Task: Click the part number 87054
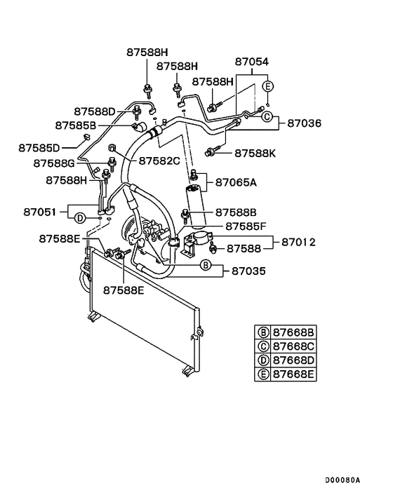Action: pos(252,62)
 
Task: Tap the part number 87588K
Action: pos(256,152)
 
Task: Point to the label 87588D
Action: pos(95,111)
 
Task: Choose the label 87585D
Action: pos(39,147)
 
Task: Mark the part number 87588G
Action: pos(54,163)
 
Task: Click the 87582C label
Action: pos(159,161)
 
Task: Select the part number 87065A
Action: pos(236,182)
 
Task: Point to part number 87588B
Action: pos(236,212)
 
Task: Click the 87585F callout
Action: pos(246,226)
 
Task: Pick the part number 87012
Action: pos(298,243)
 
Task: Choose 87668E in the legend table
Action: pos(294,374)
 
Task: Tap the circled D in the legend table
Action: pos(262,361)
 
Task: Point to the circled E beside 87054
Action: pos(267,86)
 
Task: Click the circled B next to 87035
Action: pos(205,265)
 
